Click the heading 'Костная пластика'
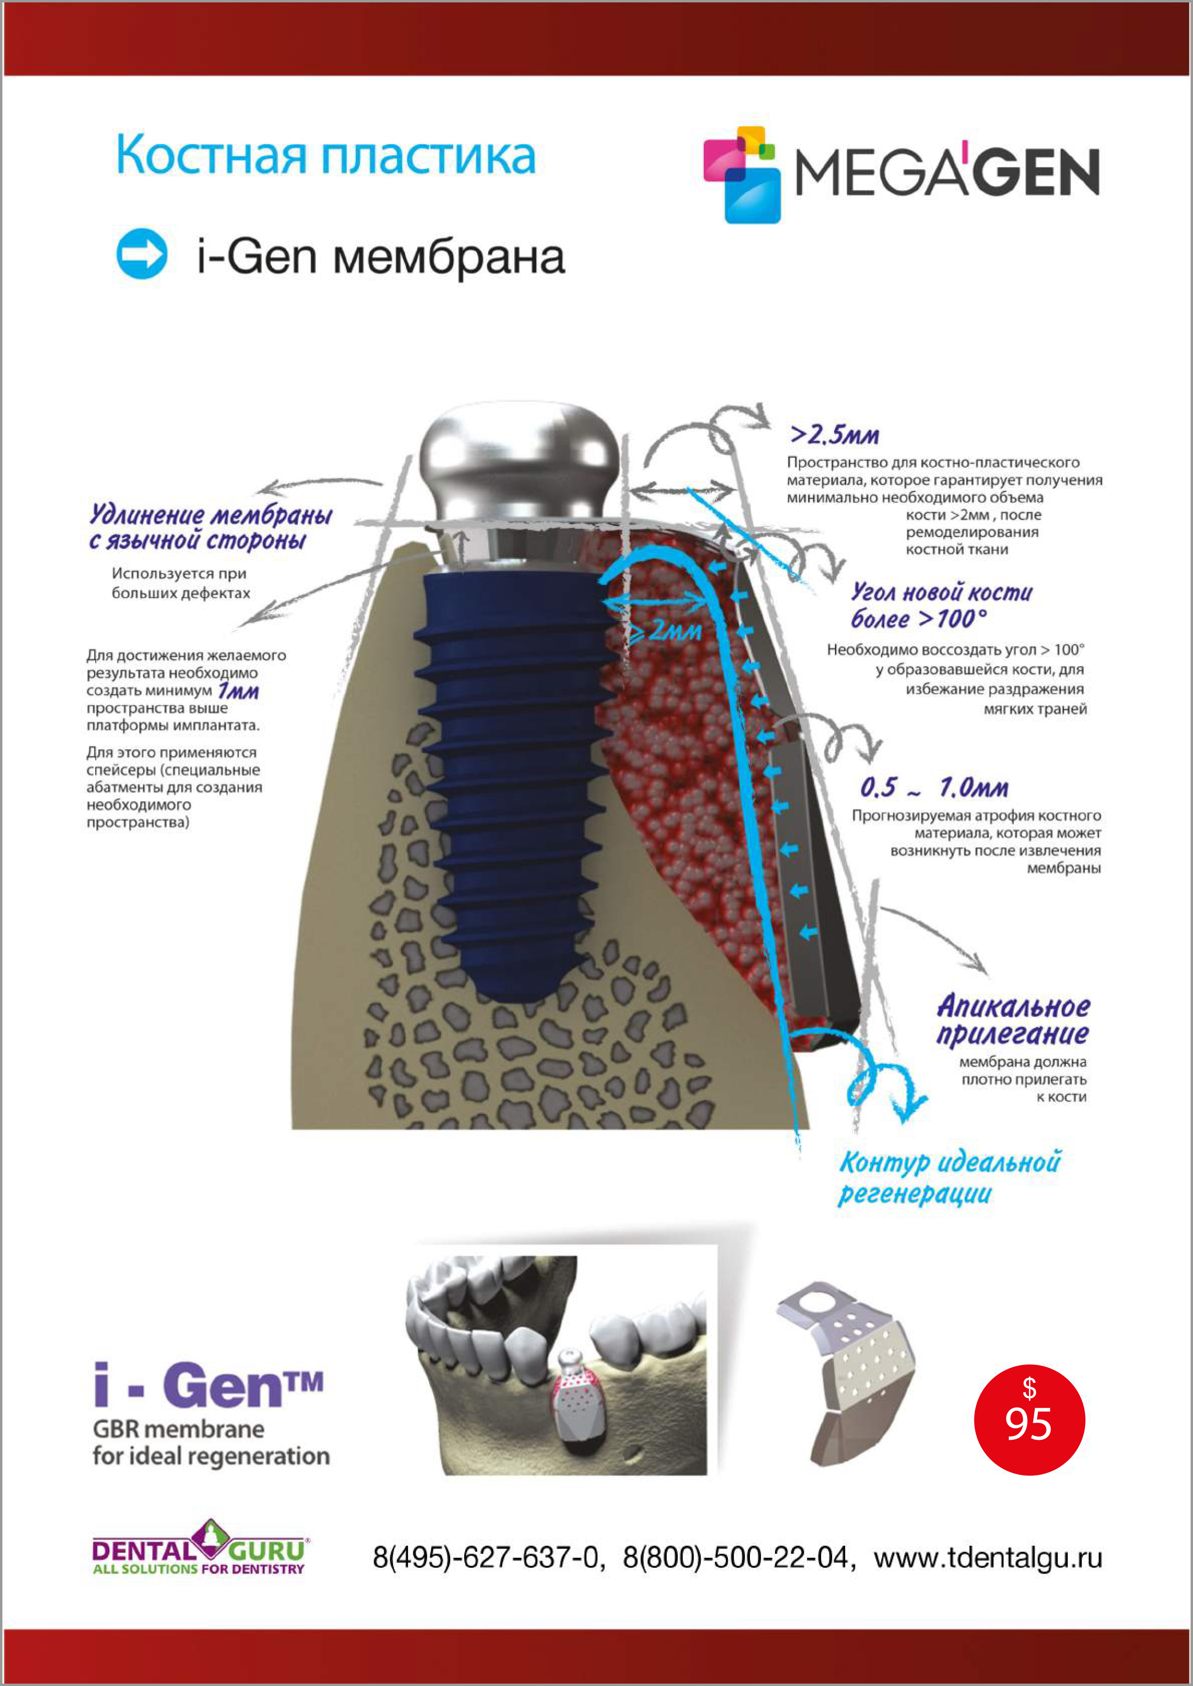tap(326, 156)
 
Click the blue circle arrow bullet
tap(142, 254)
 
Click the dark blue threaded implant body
tap(514, 771)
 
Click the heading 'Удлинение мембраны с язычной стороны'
tap(210, 527)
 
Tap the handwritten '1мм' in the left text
tap(239, 691)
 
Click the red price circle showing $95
tap(1029, 1420)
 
